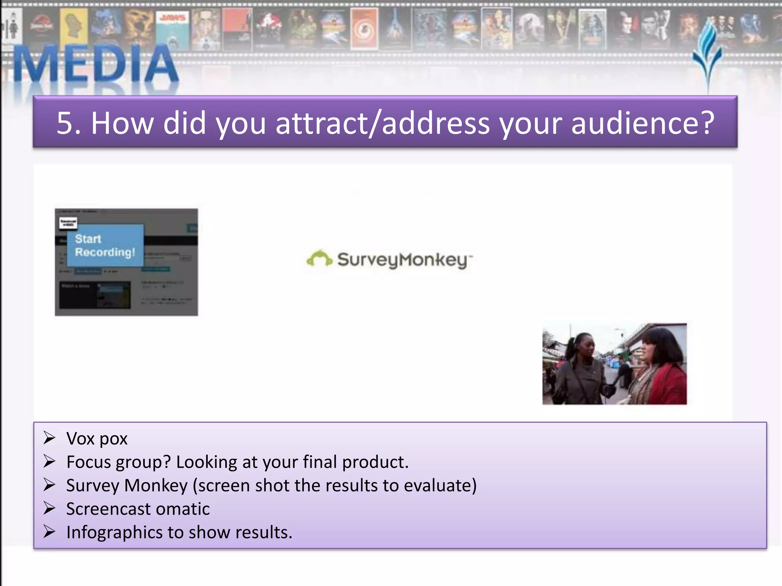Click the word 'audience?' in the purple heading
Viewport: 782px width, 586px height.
[643, 123]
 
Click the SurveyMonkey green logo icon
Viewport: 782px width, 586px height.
[319, 259]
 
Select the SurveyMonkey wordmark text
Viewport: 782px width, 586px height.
[403, 260]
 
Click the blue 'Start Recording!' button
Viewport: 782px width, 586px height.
[105, 245]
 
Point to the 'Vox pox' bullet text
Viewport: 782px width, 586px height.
[97, 439]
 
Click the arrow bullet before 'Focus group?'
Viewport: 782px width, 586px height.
[49, 462]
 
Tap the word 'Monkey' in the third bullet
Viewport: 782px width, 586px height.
[156, 486]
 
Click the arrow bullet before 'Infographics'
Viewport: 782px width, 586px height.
[49, 532]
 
